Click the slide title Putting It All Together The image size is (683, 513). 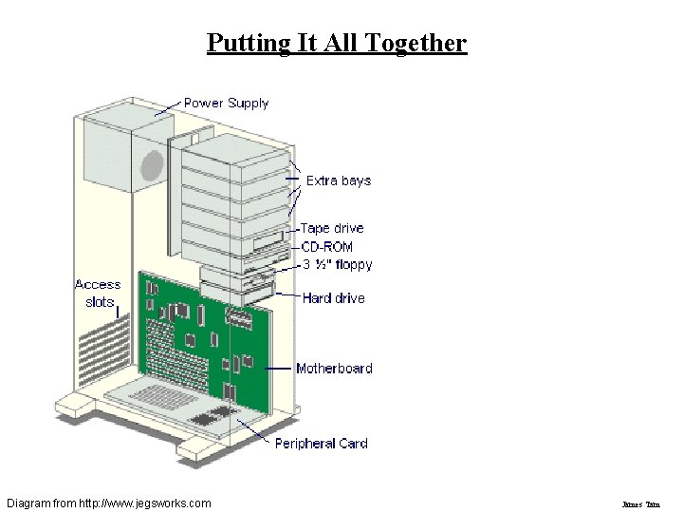337,43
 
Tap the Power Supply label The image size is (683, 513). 226,103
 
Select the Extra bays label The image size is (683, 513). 338,180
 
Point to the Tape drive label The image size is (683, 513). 332,228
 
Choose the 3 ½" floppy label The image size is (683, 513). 337,264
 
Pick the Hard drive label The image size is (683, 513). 334,298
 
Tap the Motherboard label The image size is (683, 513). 334,369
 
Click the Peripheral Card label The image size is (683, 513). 321,443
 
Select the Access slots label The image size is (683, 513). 98,293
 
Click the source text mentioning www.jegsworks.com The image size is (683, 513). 108,502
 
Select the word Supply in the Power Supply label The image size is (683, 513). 248,103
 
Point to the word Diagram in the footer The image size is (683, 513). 29,502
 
